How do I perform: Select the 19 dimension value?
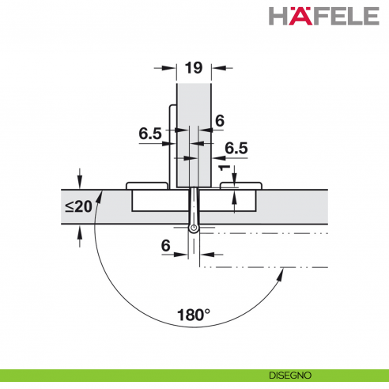193,69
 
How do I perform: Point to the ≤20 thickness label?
77,207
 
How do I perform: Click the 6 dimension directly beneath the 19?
220,120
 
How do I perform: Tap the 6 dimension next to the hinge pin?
166,247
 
